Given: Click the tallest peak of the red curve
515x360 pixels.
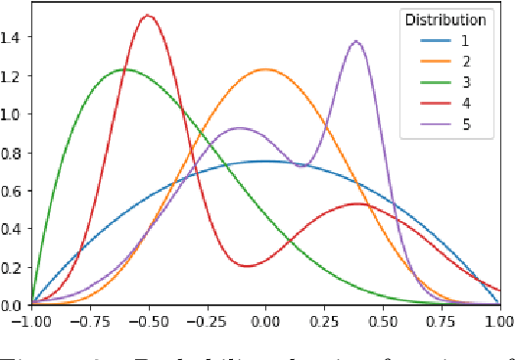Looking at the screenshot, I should [148, 16].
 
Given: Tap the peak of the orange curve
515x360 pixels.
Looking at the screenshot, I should [265, 69].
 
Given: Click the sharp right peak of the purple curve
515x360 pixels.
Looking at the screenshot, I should [355, 41].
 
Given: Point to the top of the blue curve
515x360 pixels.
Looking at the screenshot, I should [265, 161].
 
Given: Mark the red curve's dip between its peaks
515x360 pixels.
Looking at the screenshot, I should [247, 265].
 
